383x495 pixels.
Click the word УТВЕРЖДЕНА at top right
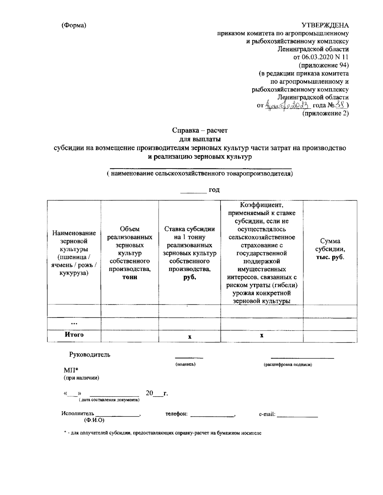coord(325,25)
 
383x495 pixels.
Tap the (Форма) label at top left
coord(74,25)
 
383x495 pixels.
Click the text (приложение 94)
coord(323,65)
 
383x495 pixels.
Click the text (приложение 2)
coord(325,113)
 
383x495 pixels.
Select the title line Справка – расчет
coord(200,130)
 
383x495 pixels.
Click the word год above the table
coord(214,190)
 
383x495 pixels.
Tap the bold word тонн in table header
coord(130,277)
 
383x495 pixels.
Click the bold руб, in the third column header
coord(189,277)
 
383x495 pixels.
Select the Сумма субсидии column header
coord(330,249)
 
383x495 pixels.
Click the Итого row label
coord(74,335)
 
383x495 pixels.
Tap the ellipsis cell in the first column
coord(74,323)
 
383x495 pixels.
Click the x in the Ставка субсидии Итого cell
coord(190,337)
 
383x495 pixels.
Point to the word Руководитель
coord(90,354)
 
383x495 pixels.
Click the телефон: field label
coord(176,414)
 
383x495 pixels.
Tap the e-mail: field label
coord(267,414)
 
